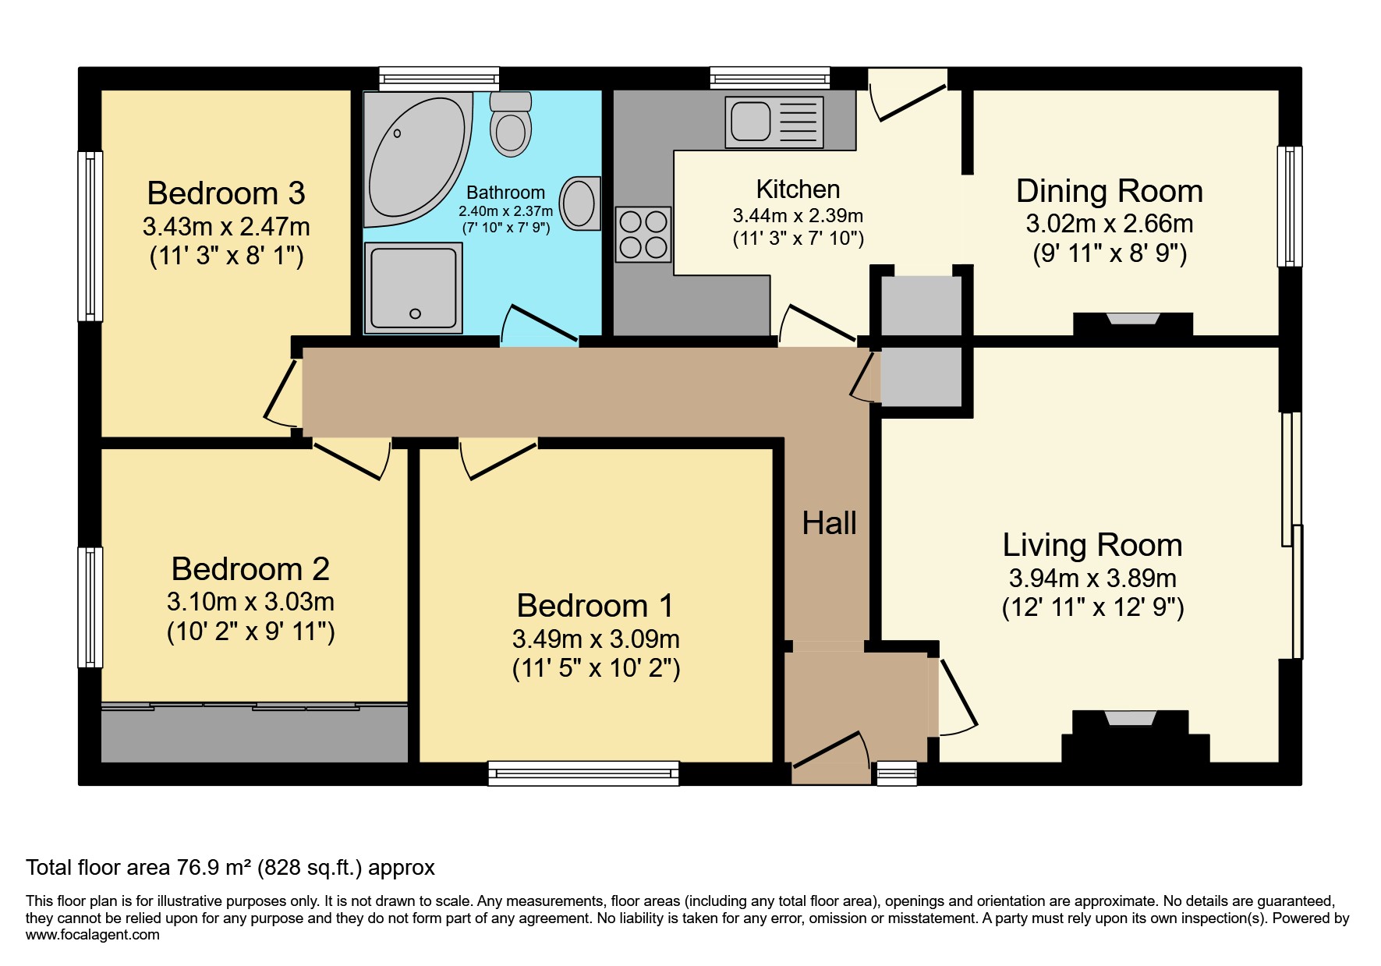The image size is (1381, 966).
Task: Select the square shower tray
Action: point(413,288)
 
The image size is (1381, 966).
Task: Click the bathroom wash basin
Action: point(580,203)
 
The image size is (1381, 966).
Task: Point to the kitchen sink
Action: point(774,122)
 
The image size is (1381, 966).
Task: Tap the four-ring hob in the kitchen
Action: point(643,235)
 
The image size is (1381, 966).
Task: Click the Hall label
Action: point(829,523)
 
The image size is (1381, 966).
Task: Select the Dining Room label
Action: point(1109,191)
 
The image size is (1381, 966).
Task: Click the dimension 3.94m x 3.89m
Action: point(1092,579)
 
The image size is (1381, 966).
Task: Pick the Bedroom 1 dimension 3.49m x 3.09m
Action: point(596,639)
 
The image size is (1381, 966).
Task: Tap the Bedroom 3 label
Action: point(226,193)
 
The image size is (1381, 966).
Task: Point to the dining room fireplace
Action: point(1133,323)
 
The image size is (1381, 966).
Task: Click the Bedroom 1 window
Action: point(583,773)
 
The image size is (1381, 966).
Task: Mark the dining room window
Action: point(1289,207)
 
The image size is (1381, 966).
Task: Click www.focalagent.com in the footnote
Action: point(93,935)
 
